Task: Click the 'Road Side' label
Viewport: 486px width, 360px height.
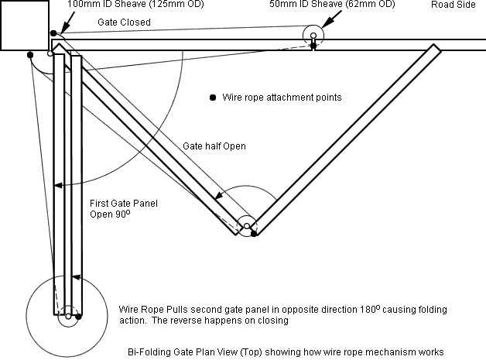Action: coord(453,5)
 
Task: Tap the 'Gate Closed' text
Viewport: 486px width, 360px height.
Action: coord(124,22)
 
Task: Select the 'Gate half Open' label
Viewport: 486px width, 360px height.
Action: coord(214,146)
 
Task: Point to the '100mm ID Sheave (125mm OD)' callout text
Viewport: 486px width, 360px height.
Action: coord(135,5)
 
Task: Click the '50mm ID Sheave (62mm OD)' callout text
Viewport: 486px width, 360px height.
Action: coord(332,5)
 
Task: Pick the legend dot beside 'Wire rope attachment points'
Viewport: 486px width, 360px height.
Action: coord(213,98)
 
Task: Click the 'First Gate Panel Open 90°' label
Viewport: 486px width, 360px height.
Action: coord(124,209)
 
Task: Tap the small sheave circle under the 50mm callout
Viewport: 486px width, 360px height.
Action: coord(313,36)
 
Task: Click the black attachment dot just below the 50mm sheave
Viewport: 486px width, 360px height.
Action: coord(313,46)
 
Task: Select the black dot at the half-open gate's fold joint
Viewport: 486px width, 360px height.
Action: coord(254,234)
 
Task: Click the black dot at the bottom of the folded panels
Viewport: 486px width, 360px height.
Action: coord(78,317)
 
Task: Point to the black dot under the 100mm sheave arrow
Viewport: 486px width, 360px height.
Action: coord(53,33)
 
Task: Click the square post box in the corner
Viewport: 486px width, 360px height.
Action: coord(25,26)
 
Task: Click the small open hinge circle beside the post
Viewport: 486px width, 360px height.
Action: coord(50,53)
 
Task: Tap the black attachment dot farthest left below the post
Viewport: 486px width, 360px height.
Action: coord(30,55)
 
